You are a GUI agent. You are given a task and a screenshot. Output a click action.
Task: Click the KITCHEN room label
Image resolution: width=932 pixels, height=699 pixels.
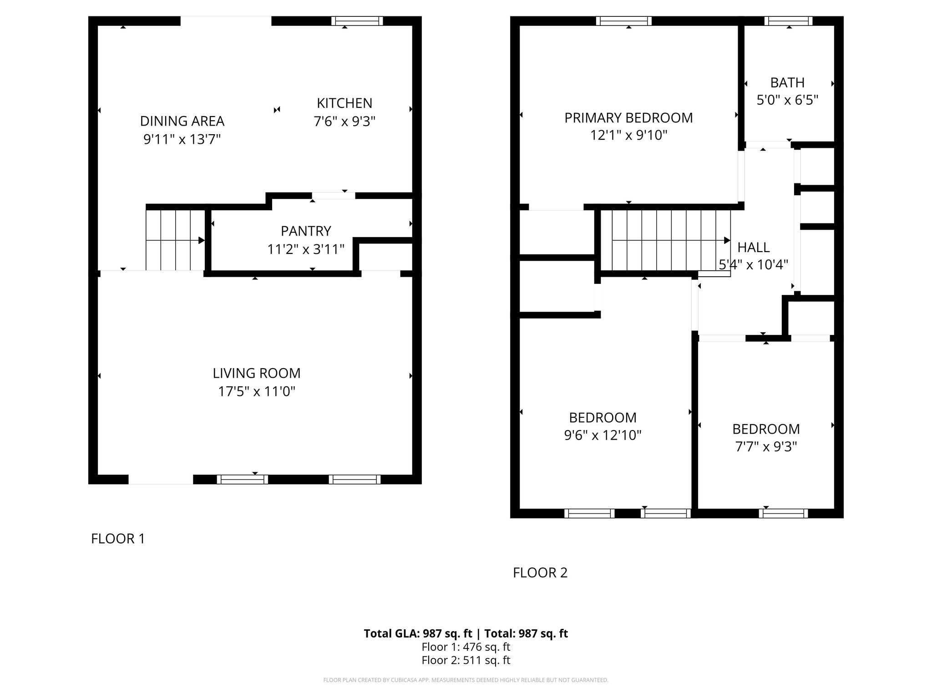(x=344, y=103)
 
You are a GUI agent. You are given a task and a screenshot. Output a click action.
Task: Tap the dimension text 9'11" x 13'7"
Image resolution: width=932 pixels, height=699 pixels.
(x=182, y=139)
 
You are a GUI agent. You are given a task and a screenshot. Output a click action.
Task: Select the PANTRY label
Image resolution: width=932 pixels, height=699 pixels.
(x=305, y=231)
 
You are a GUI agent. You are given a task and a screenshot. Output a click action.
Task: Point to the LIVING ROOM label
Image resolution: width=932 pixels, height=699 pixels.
(x=257, y=373)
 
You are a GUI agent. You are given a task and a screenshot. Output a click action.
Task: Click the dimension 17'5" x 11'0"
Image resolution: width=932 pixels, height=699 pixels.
(x=257, y=391)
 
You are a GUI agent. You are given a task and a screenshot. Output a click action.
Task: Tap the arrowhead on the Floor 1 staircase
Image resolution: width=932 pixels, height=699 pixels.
(x=202, y=240)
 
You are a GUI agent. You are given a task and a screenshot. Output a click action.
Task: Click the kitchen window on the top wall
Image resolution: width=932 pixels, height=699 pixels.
(x=357, y=21)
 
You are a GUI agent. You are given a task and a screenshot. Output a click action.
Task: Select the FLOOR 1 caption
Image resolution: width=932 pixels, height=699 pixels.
(x=118, y=539)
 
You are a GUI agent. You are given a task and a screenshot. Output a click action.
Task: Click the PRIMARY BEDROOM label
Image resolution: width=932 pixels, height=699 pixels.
(x=628, y=118)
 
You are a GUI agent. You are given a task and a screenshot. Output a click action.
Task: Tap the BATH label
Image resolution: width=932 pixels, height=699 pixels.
(x=787, y=83)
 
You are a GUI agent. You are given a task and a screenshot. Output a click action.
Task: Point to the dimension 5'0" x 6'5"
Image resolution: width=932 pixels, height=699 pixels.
(x=787, y=100)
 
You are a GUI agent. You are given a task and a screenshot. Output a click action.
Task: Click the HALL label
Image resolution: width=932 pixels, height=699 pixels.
(x=753, y=248)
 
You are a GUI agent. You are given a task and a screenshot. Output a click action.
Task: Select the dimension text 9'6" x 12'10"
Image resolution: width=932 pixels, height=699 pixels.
(x=603, y=436)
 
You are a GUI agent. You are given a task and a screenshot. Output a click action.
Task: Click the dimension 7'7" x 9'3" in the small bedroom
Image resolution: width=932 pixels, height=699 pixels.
(x=766, y=447)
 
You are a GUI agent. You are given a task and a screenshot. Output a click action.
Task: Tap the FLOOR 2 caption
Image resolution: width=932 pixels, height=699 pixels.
(x=540, y=572)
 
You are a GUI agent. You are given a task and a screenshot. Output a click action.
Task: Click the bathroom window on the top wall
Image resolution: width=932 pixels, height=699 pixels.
(x=788, y=21)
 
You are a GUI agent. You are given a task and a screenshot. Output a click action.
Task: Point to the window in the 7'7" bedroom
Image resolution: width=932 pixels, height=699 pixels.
(x=783, y=513)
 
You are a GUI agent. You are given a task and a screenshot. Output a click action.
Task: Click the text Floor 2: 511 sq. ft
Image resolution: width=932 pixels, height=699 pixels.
(x=466, y=660)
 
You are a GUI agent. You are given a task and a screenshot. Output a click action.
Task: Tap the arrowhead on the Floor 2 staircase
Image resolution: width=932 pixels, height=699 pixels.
(x=727, y=240)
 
